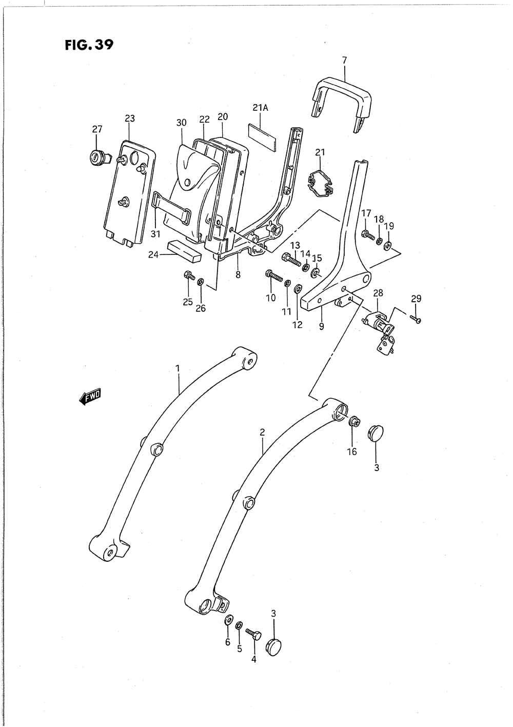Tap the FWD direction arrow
[91, 397]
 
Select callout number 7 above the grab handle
[344, 61]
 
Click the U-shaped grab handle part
[341, 92]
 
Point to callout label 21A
[260, 108]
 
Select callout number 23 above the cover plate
[130, 119]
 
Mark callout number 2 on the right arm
[262, 433]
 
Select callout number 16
[352, 452]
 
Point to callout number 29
[416, 298]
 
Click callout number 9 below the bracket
[322, 326]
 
